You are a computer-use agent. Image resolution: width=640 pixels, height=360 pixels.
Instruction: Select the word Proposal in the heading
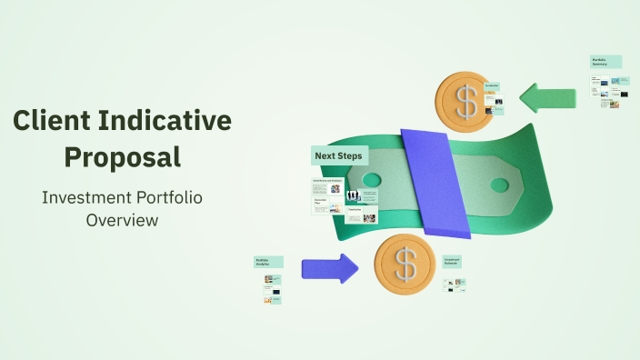[x=122, y=156]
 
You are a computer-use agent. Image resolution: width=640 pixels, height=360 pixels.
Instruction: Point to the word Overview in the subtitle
[x=122, y=220]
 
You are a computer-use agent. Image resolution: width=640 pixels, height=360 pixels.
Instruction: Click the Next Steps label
[x=338, y=155]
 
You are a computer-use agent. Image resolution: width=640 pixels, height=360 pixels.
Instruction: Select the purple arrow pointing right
[x=330, y=268]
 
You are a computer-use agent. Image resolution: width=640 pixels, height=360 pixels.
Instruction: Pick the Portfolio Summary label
[x=605, y=62]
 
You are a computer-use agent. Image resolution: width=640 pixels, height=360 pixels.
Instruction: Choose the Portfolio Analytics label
[x=267, y=262]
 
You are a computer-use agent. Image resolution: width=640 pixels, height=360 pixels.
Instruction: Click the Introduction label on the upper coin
[x=492, y=86]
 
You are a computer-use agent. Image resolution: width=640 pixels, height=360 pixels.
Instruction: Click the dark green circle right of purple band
[x=499, y=185]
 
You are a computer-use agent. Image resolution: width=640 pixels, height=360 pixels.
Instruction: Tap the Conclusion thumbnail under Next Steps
[x=354, y=209]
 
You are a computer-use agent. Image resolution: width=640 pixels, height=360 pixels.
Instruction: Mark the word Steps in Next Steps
[x=350, y=155]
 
